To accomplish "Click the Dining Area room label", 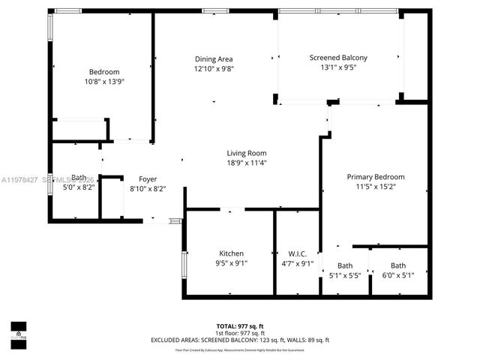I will tap(214, 59).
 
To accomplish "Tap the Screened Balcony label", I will tap(338, 58).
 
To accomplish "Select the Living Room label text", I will tap(247, 154).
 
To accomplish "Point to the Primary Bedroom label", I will tap(376, 177).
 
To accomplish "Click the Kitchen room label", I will tap(231, 253).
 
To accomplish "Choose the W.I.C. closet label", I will tap(298, 253).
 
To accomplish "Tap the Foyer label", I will tap(148, 179).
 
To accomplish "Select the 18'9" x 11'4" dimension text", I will tap(247, 163).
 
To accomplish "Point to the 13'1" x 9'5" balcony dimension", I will tap(338, 67).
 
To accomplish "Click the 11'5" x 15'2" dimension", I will tap(376, 187).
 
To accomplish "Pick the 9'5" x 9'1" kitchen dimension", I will tap(231, 263).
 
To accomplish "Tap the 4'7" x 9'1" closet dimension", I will tap(298, 263).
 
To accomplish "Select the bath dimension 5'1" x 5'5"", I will tap(345, 275).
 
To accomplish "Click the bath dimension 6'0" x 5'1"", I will tap(398, 275).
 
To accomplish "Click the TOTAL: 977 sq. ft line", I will tap(241, 326).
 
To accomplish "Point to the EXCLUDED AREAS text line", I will tap(241, 340).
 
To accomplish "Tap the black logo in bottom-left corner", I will tap(18, 331).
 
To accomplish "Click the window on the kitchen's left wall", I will tap(184, 266).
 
